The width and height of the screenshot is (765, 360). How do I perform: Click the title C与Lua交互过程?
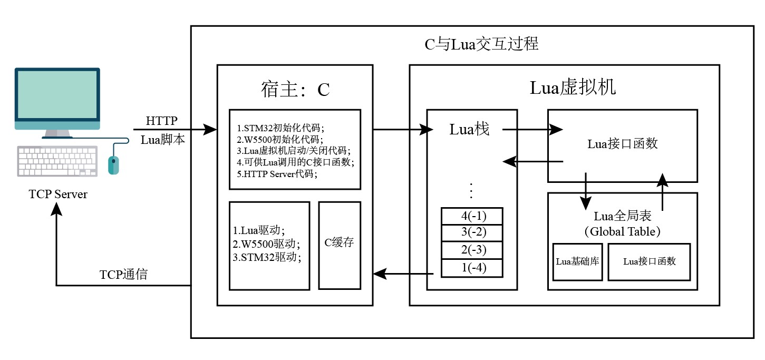[481, 44]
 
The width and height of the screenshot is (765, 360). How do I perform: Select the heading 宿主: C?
[295, 90]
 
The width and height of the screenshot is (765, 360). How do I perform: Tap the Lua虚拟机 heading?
[572, 88]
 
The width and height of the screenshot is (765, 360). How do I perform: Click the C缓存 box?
[339, 243]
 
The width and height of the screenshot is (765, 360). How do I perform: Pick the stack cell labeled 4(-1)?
[472, 216]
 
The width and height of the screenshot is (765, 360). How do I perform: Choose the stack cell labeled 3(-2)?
[472, 232]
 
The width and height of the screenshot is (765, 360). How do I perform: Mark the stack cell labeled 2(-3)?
[472, 250]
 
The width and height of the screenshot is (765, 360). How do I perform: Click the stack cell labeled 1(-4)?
[472, 268]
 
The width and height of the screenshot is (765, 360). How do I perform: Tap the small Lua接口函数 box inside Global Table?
[649, 261]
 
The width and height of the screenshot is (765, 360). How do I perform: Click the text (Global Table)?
[622, 231]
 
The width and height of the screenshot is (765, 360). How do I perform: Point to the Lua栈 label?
[469, 129]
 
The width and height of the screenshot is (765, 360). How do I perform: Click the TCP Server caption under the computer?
[58, 194]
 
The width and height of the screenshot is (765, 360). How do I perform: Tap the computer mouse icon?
[113, 164]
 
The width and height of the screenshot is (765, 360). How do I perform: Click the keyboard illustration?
[57, 161]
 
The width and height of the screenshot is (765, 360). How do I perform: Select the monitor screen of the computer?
[57, 95]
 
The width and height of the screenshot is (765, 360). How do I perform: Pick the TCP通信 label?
[123, 275]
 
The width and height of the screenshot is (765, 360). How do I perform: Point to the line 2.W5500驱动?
[266, 244]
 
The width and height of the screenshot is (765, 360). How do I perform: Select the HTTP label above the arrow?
[162, 121]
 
